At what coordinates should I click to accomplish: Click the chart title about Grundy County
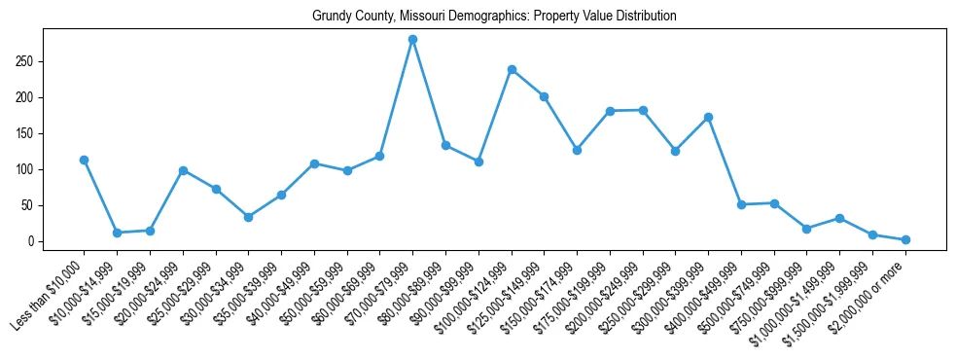tap(494, 17)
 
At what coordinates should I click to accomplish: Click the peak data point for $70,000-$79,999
tap(412, 40)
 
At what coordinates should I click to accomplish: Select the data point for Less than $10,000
tap(84, 160)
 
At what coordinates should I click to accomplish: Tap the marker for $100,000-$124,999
tap(512, 70)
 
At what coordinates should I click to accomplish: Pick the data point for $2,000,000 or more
tap(905, 239)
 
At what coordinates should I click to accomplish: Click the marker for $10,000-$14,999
tap(117, 233)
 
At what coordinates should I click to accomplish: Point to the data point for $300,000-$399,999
tap(708, 117)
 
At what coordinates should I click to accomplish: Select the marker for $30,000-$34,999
tap(248, 217)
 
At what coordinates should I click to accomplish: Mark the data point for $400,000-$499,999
tap(741, 204)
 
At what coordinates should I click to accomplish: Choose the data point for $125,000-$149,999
tap(544, 96)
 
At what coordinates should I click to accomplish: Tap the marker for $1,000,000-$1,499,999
tap(839, 218)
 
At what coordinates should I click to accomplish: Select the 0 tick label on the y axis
tap(32, 241)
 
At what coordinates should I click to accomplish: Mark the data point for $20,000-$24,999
tap(183, 170)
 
